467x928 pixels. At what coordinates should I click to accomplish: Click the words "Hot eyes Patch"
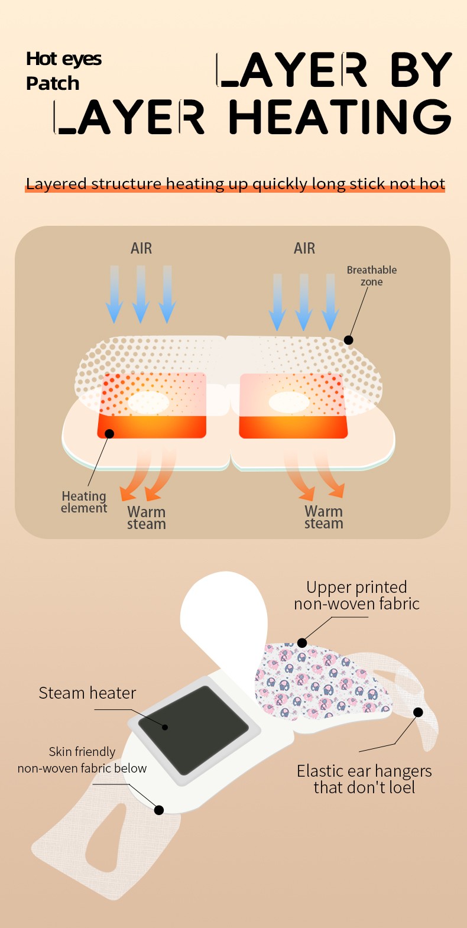click(x=63, y=71)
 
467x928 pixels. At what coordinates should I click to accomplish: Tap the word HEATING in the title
click(x=340, y=117)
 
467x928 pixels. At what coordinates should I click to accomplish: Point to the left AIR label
click(x=141, y=248)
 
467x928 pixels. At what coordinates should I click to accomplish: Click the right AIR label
click(x=304, y=248)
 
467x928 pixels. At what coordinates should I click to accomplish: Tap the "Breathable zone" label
click(x=371, y=275)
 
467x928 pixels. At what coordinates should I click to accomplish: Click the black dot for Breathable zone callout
click(x=349, y=340)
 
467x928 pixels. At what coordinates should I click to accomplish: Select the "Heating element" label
click(x=84, y=502)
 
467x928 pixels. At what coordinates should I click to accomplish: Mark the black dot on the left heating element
click(x=109, y=434)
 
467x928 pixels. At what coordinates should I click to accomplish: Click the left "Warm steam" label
click(x=146, y=518)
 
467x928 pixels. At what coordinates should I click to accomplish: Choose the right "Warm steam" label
click(x=323, y=517)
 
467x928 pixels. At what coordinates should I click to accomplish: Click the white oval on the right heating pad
click(x=289, y=403)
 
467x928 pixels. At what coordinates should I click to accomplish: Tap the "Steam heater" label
click(x=87, y=693)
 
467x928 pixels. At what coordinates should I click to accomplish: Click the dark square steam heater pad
click(x=193, y=729)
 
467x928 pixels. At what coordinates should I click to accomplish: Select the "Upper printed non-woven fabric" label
click(x=356, y=595)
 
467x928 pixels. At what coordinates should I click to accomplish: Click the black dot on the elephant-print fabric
click(x=302, y=643)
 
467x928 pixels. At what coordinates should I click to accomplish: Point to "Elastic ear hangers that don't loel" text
click(x=364, y=779)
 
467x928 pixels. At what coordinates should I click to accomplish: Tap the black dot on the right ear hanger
click(x=418, y=712)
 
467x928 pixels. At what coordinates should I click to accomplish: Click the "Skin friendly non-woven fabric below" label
click(x=82, y=760)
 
